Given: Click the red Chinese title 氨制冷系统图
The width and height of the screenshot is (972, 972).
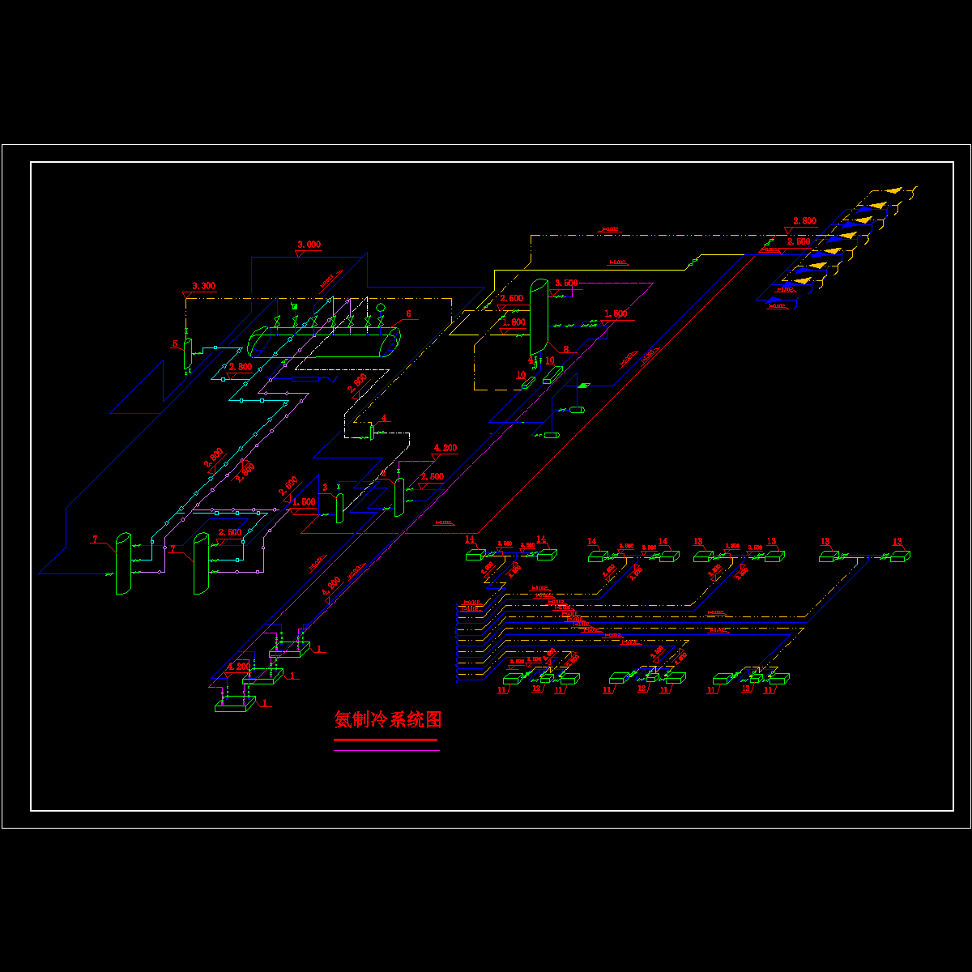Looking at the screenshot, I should tap(388, 719).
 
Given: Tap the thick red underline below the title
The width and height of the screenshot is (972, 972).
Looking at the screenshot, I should tap(386, 740).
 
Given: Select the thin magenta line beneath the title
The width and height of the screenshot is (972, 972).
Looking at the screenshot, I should tap(387, 751).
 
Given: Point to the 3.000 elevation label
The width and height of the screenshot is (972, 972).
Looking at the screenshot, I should tap(309, 244).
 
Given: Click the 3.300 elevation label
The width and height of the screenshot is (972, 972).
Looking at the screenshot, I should tap(203, 286).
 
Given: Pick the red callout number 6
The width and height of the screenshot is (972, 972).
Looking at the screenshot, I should tap(408, 313).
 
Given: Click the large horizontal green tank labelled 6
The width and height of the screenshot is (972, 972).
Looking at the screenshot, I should tap(324, 342).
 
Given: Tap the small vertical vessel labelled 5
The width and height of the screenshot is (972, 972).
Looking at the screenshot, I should tap(188, 352).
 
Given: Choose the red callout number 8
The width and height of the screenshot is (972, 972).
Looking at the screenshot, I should tap(565, 349).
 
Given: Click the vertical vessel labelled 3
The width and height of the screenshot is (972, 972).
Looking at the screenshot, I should tap(339, 507).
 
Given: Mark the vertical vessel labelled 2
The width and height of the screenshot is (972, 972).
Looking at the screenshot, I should tap(399, 496).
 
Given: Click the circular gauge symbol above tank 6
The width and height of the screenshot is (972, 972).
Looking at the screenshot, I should tap(380, 308).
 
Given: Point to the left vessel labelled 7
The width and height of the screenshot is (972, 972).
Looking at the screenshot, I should tap(122, 564).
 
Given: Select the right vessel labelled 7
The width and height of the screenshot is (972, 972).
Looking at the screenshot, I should tap(200, 564).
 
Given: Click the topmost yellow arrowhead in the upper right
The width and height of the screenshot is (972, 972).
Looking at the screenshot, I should tap(893, 190).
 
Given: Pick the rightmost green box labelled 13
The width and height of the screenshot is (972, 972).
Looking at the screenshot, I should tap(901, 556).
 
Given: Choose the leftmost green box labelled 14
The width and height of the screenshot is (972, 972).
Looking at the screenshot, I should tap(475, 555).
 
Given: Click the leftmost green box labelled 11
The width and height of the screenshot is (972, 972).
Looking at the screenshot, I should tap(513, 679).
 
